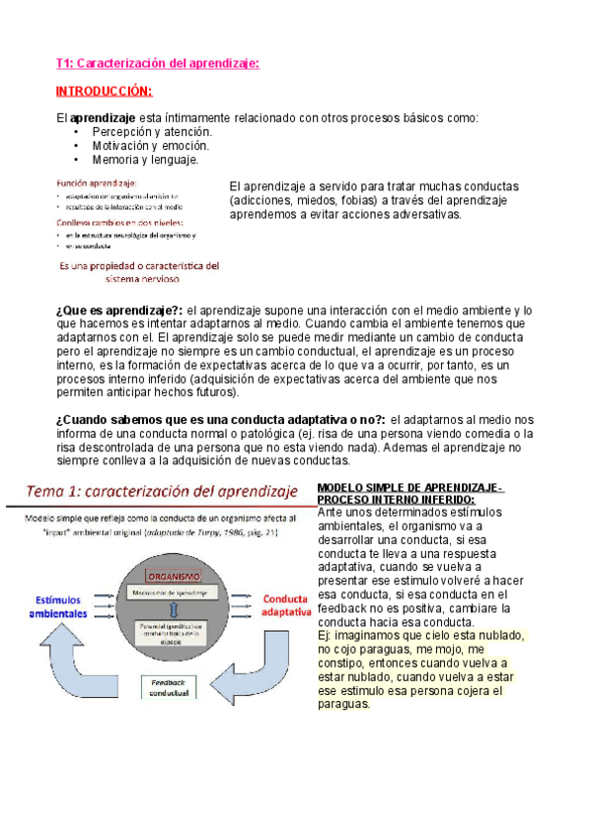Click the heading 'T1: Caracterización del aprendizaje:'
[x=158, y=64]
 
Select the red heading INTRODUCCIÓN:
[x=104, y=92]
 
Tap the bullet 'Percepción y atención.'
[x=152, y=131]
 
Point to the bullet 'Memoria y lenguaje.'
[x=145, y=159]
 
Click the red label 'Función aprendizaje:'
[x=96, y=182]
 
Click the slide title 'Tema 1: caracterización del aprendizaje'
[x=162, y=492]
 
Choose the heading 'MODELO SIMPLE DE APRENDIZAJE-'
[x=410, y=489]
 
